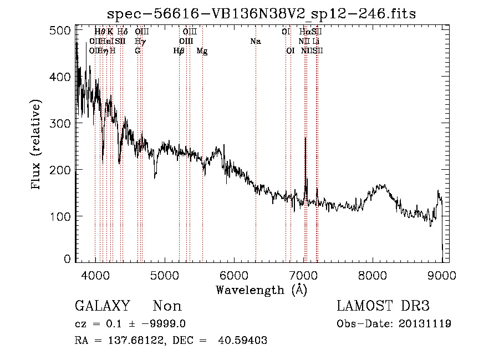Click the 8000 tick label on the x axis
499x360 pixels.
pyautogui.click(x=372, y=275)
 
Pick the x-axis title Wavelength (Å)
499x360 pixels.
pyautogui.click(x=261, y=290)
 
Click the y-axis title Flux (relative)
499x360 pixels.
pyautogui.click(x=37, y=145)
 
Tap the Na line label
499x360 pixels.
pyautogui.click(x=256, y=42)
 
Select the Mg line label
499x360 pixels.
pyautogui.click(x=202, y=51)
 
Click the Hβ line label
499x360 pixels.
pyautogui.click(x=179, y=51)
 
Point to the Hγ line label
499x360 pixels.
pyautogui.click(x=141, y=42)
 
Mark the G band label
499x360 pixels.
pyautogui.click(x=138, y=51)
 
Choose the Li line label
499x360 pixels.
pyautogui.click(x=316, y=42)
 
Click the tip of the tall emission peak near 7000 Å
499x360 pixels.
pyautogui.click(x=305, y=138)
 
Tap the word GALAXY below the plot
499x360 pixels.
pyautogui.click(x=102, y=306)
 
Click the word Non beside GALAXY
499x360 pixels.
pyautogui.click(x=167, y=306)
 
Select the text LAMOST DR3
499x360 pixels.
pyautogui.click(x=383, y=306)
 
